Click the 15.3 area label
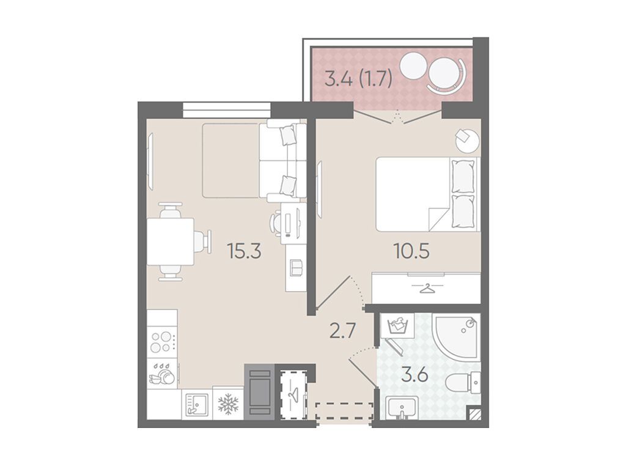(x=244, y=251)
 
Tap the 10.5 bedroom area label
(x=411, y=251)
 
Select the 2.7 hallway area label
(x=342, y=331)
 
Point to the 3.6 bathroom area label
(x=415, y=375)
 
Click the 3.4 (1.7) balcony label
(x=358, y=79)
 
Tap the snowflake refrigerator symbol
(x=228, y=404)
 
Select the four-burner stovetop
(x=162, y=342)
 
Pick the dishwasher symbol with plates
(x=162, y=374)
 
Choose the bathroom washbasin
(x=402, y=407)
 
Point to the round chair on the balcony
(x=444, y=73)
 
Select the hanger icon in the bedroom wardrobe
(x=427, y=287)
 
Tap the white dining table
(x=171, y=242)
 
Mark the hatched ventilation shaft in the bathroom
(x=474, y=413)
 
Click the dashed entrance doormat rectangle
(x=345, y=411)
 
